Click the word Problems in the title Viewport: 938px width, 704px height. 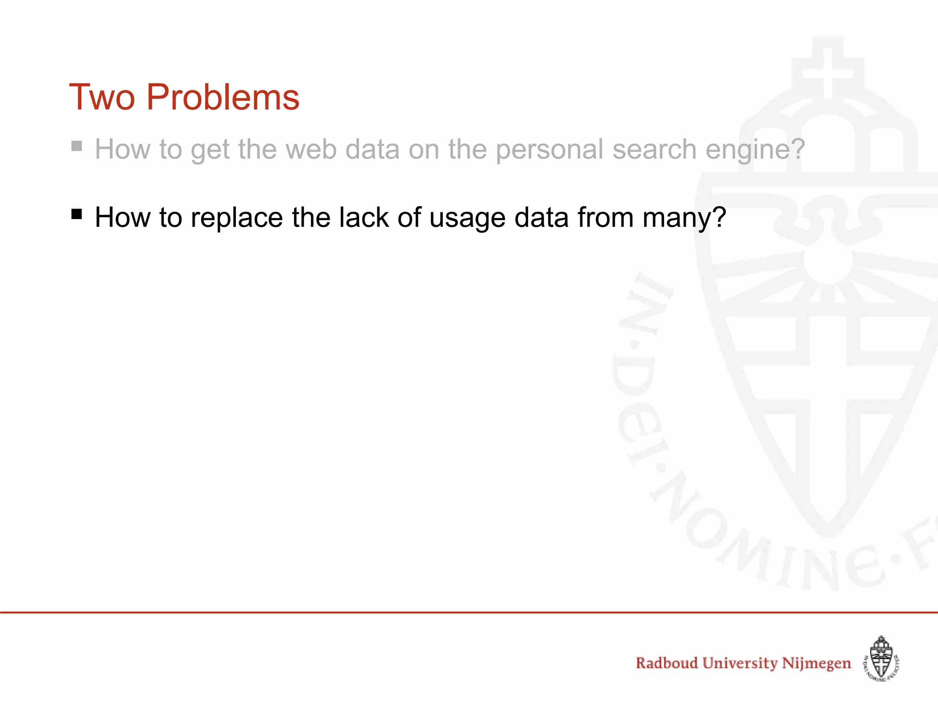click(x=223, y=98)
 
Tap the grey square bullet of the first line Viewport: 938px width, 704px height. click(x=76, y=146)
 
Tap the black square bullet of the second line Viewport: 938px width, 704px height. click(x=76, y=214)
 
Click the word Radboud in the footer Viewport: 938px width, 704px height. click(x=666, y=663)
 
